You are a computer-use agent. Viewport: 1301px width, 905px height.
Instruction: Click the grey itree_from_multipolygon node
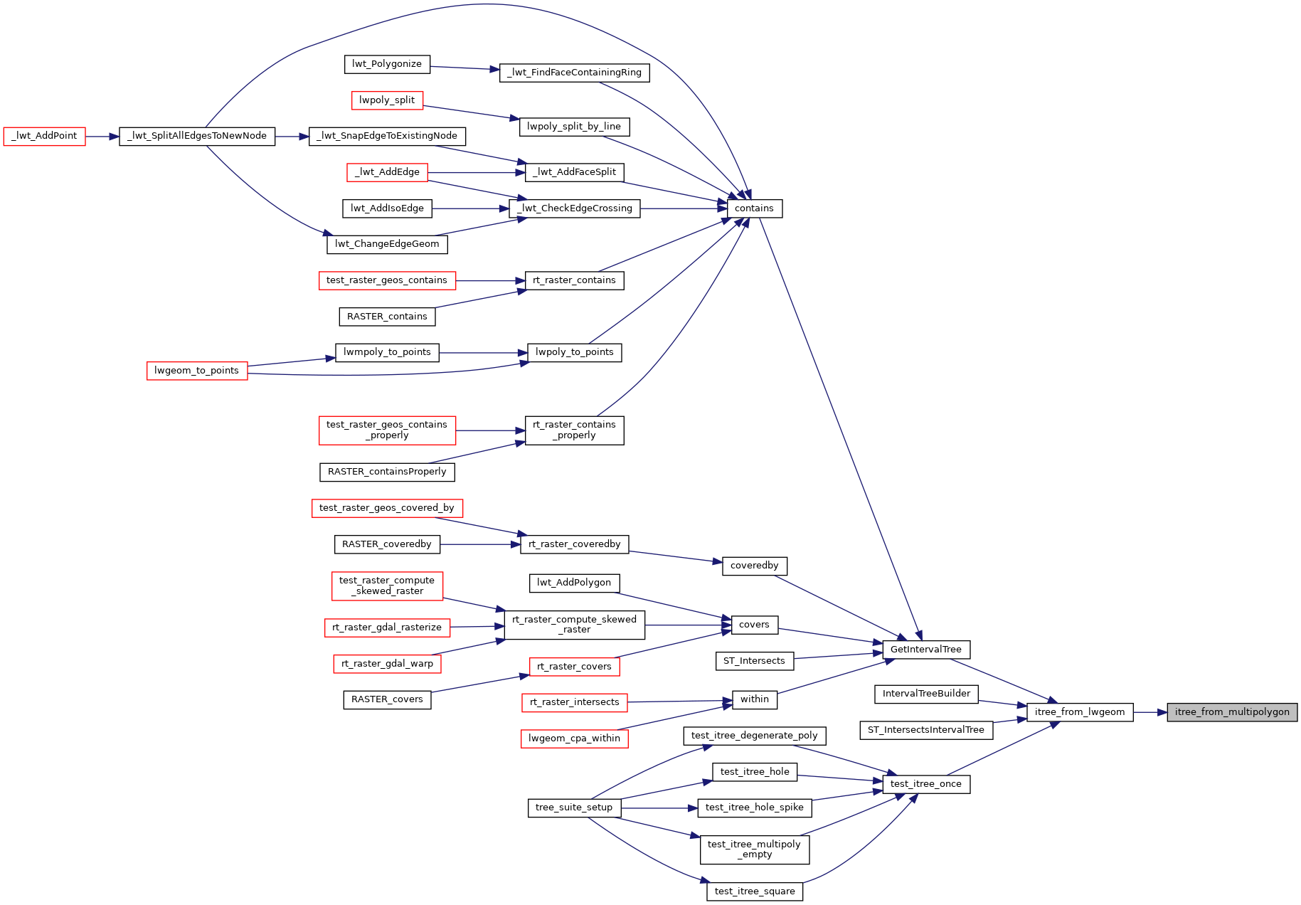1231,712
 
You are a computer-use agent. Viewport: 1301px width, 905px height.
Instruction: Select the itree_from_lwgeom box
1079,712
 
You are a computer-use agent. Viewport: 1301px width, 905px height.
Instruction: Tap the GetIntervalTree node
925,650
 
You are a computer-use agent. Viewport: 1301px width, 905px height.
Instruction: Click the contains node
754,208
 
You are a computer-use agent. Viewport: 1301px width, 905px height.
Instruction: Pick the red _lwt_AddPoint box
44,136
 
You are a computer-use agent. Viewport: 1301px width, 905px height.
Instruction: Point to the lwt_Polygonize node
387,64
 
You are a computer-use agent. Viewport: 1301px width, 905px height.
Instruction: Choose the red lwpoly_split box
387,100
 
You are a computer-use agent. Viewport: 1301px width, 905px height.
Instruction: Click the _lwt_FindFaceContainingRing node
574,73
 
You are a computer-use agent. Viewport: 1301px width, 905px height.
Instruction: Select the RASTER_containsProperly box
387,472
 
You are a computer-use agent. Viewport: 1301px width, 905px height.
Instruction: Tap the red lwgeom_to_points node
197,371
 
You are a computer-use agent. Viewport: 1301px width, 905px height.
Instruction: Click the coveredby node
754,566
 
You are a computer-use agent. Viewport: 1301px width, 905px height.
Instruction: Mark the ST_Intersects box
754,661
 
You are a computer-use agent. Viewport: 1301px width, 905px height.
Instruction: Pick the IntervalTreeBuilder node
926,694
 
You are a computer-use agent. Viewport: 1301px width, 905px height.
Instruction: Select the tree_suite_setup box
574,808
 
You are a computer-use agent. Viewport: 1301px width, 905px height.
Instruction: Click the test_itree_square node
754,891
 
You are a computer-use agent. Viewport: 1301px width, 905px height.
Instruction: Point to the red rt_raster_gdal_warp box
387,664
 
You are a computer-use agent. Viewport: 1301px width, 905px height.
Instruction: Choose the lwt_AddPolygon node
574,583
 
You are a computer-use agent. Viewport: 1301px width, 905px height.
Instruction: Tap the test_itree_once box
925,784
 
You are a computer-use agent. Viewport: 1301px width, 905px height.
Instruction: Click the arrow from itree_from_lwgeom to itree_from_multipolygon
1149,712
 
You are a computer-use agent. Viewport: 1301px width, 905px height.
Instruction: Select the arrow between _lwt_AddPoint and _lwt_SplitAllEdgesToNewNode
102,136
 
